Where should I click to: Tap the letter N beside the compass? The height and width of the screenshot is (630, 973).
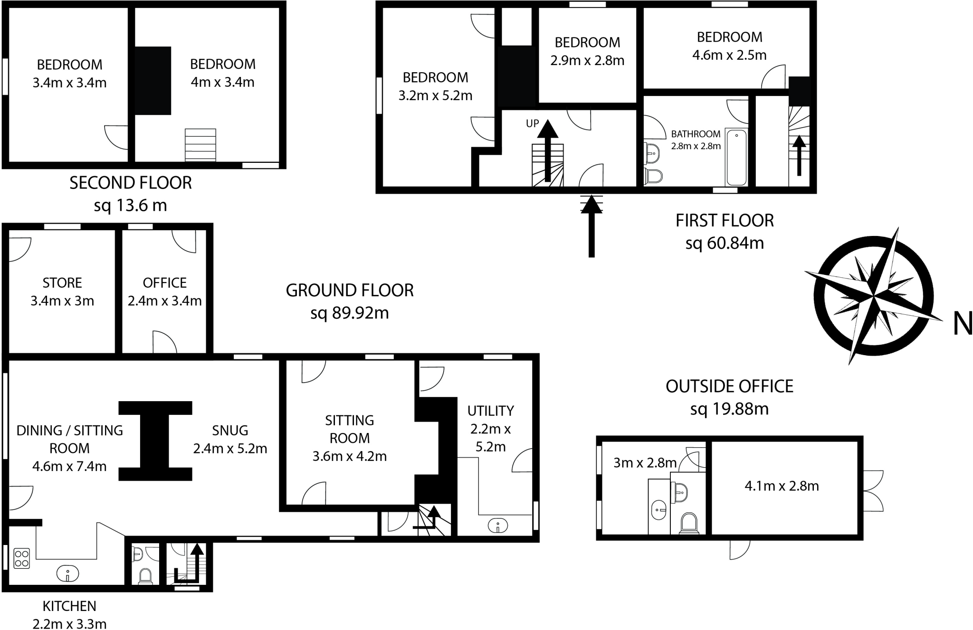coord(963,325)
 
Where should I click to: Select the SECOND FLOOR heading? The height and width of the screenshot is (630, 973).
coord(131,183)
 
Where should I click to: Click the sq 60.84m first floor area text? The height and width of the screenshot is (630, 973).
coord(725,243)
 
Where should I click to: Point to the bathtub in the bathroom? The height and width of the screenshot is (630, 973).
coord(736,157)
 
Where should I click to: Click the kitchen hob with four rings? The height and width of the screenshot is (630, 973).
coord(22,558)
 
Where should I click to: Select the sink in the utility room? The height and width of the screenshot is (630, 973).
coord(497,526)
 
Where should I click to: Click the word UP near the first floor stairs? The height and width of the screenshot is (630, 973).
coord(532,123)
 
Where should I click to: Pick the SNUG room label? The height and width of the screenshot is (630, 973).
coord(230,430)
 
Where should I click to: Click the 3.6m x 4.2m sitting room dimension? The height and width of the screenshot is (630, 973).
coord(349,456)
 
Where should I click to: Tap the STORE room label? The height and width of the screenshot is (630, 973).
coord(62,283)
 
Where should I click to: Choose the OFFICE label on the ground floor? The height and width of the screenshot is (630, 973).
coord(164,283)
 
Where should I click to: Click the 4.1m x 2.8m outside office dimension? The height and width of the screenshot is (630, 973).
coord(782,486)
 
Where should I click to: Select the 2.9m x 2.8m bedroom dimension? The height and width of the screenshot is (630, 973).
coord(587,61)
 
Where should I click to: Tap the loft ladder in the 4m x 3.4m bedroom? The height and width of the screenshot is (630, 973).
coord(200,145)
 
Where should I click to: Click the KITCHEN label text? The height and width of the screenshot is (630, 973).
coord(69,606)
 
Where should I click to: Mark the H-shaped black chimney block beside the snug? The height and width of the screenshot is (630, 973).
coord(155,441)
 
